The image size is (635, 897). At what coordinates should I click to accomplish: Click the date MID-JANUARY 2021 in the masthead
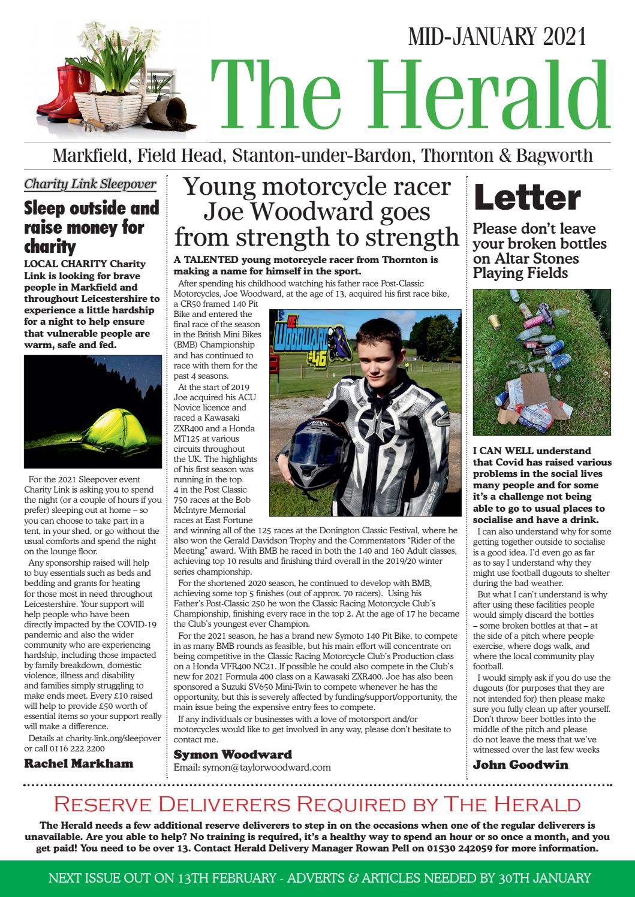[x=496, y=37]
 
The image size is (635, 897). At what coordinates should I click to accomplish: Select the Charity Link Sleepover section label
[x=90, y=184]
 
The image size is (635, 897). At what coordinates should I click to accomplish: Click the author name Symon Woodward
[x=233, y=754]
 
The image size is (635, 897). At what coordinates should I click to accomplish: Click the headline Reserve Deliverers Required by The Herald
[x=317, y=804]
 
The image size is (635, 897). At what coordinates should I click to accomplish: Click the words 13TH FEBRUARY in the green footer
[x=215, y=878]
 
